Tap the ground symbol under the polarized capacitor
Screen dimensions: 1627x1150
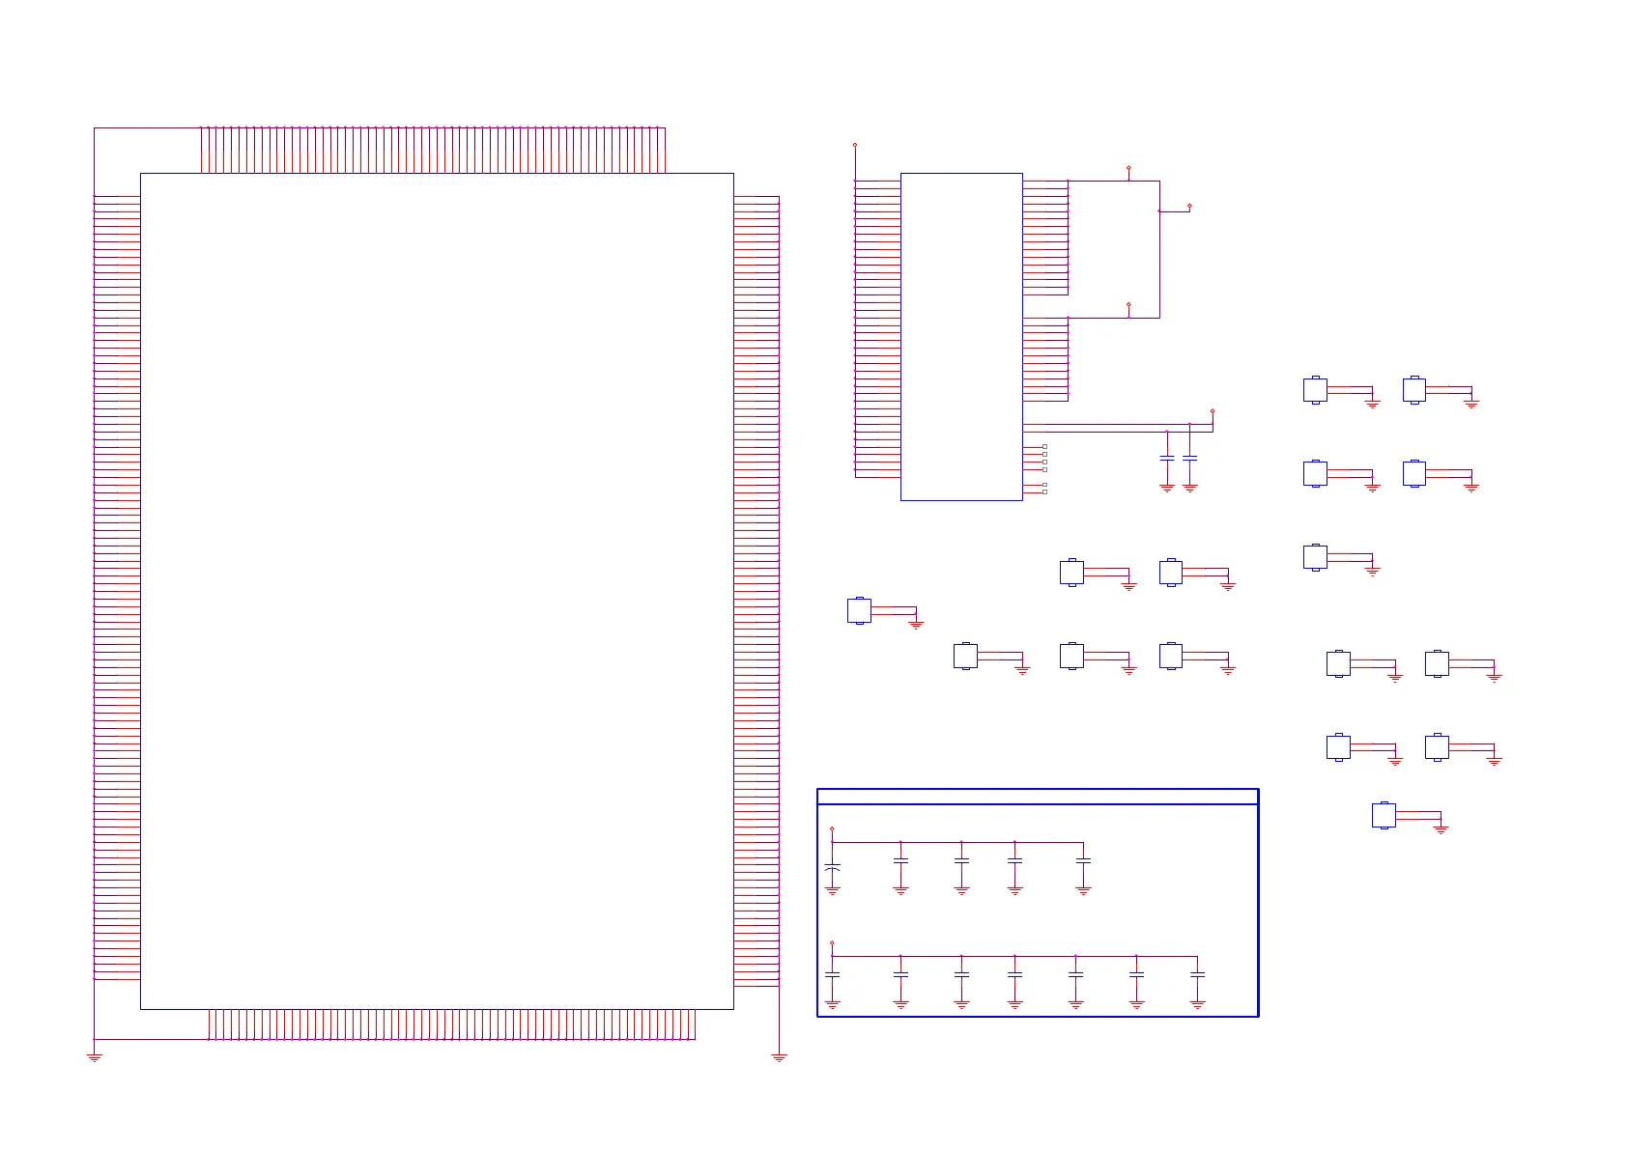832,891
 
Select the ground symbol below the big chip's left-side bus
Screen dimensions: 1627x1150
94,1058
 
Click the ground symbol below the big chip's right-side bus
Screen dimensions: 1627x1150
779,1058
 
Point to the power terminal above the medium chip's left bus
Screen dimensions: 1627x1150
854,145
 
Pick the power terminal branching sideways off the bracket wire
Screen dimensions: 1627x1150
1189,206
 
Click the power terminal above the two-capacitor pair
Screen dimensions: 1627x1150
1212,411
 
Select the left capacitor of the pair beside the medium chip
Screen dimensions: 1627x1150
1166,457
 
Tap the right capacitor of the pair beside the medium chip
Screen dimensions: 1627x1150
1189,457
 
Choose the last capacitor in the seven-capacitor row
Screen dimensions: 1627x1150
1197,974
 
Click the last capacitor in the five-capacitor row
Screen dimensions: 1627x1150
1083,859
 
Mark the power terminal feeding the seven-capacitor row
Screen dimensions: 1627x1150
832,943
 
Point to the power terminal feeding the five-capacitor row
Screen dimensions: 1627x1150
832,828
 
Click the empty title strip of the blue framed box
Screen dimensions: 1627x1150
1037,797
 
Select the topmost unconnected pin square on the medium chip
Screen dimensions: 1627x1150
1044,446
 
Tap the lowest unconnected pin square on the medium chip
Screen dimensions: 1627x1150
1044,491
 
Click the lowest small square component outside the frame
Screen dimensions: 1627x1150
1384,815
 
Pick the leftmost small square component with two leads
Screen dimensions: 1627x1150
859,610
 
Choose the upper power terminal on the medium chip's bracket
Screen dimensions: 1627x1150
1128,168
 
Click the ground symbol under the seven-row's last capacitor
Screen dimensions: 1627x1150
1197,1005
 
